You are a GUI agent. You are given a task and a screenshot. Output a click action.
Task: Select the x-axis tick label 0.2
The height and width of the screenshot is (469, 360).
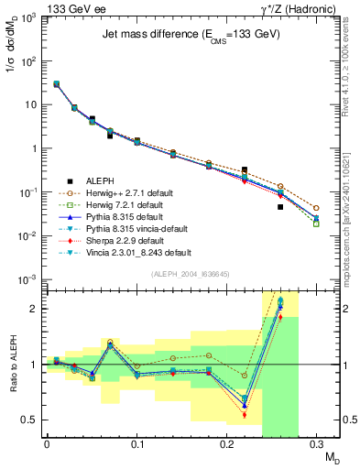coord(226,445)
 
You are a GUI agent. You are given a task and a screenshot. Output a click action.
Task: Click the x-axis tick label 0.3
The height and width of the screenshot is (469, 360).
coord(316,445)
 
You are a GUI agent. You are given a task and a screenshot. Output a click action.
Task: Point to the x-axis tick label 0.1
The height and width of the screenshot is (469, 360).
coord(136,445)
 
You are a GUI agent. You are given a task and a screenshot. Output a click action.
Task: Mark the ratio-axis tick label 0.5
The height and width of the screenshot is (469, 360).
coord(33,420)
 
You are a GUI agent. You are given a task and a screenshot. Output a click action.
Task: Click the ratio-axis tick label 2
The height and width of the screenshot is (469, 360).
coord(38,309)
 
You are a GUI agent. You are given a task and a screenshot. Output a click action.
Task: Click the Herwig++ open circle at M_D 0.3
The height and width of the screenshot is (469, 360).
coord(316,208)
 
